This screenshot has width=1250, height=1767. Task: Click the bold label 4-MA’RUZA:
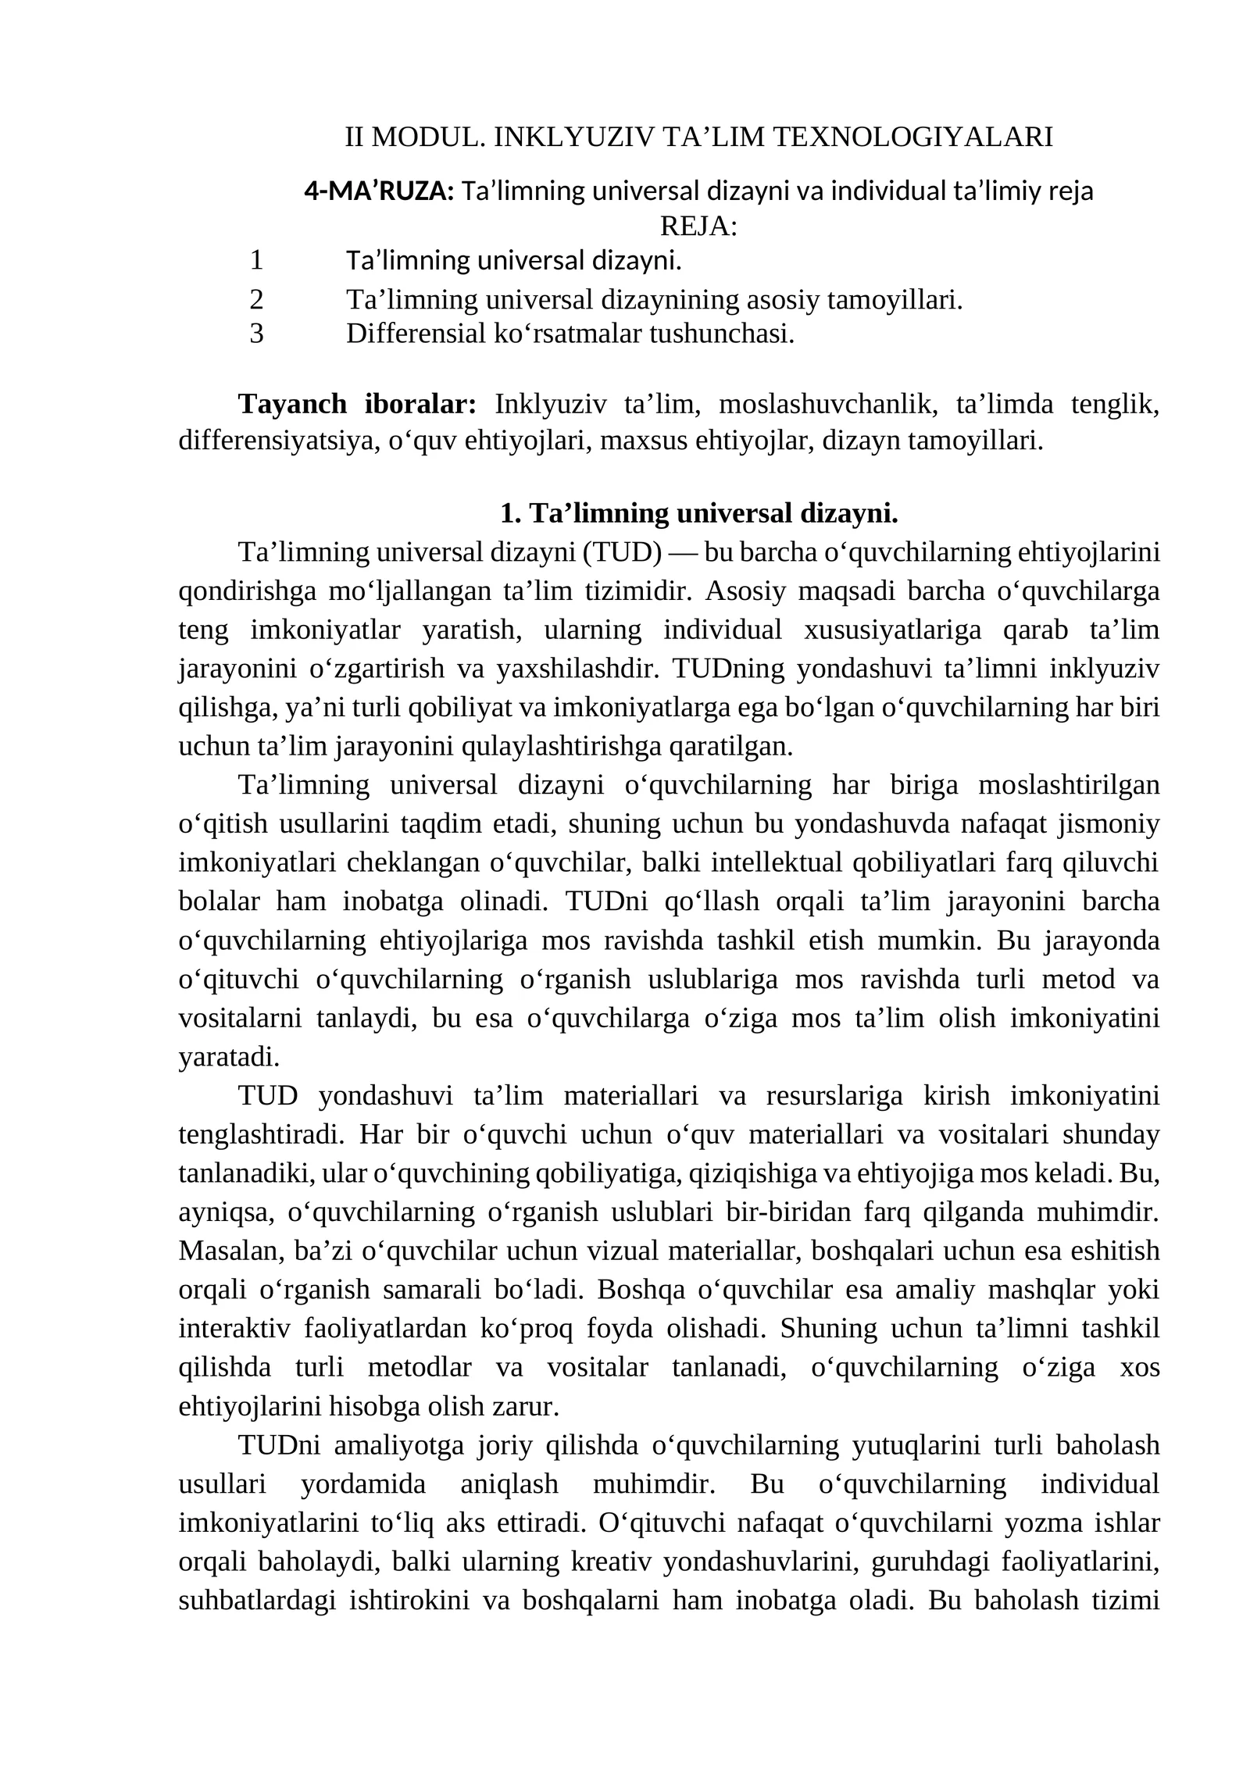pos(379,191)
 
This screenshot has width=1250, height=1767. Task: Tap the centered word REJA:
pos(698,227)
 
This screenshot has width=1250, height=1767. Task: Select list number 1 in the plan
pos(256,260)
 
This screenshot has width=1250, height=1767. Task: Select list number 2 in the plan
pos(256,299)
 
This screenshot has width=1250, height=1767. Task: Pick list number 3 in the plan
pos(256,334)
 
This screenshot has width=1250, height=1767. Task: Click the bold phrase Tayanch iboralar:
pos(357,404)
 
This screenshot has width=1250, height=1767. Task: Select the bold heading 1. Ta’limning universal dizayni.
pos(698,514)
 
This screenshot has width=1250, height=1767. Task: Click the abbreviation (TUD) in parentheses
pos(622,552)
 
